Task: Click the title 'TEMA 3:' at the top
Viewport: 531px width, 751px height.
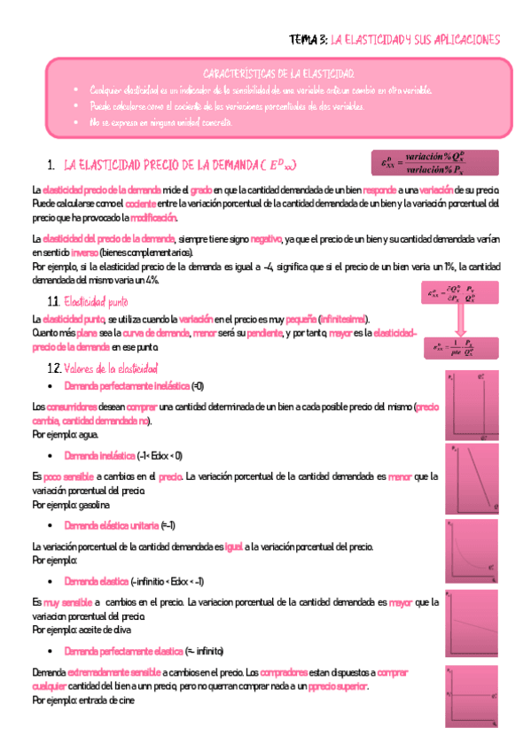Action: [308, 40]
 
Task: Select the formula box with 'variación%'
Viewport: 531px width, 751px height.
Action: [435, 163]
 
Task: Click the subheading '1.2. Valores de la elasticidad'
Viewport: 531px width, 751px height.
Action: [103, 368]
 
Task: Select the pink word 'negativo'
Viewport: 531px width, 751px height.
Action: [266, 239]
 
